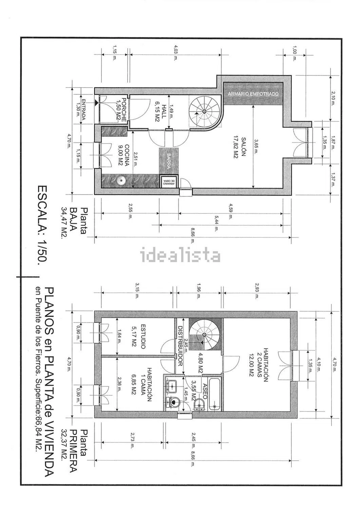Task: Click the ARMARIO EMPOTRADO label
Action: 253,94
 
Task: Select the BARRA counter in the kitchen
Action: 169,161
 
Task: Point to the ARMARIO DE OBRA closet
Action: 169,182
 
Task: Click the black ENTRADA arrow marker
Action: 97,103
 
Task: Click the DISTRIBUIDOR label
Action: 180,346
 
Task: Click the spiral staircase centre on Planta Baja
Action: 204,111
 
